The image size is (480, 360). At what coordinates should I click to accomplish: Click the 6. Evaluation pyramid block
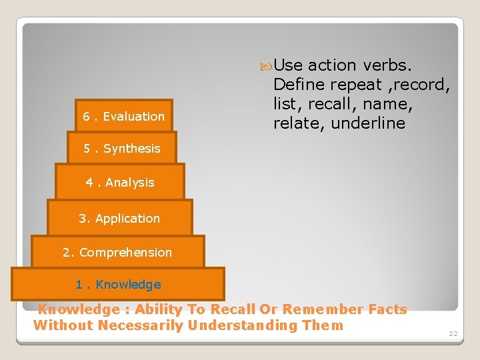[124, 117]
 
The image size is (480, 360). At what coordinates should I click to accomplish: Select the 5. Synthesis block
[122, 149]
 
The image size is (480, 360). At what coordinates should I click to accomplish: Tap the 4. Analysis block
[120, 182]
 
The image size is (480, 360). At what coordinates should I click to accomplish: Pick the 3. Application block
[119, 218]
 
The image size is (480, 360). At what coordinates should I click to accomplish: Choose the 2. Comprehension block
[117, 252]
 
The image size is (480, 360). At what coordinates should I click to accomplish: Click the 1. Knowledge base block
[118, 285]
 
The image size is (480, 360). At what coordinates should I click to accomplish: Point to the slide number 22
[453, 333]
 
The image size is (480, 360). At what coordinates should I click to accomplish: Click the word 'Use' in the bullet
[288, 65]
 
